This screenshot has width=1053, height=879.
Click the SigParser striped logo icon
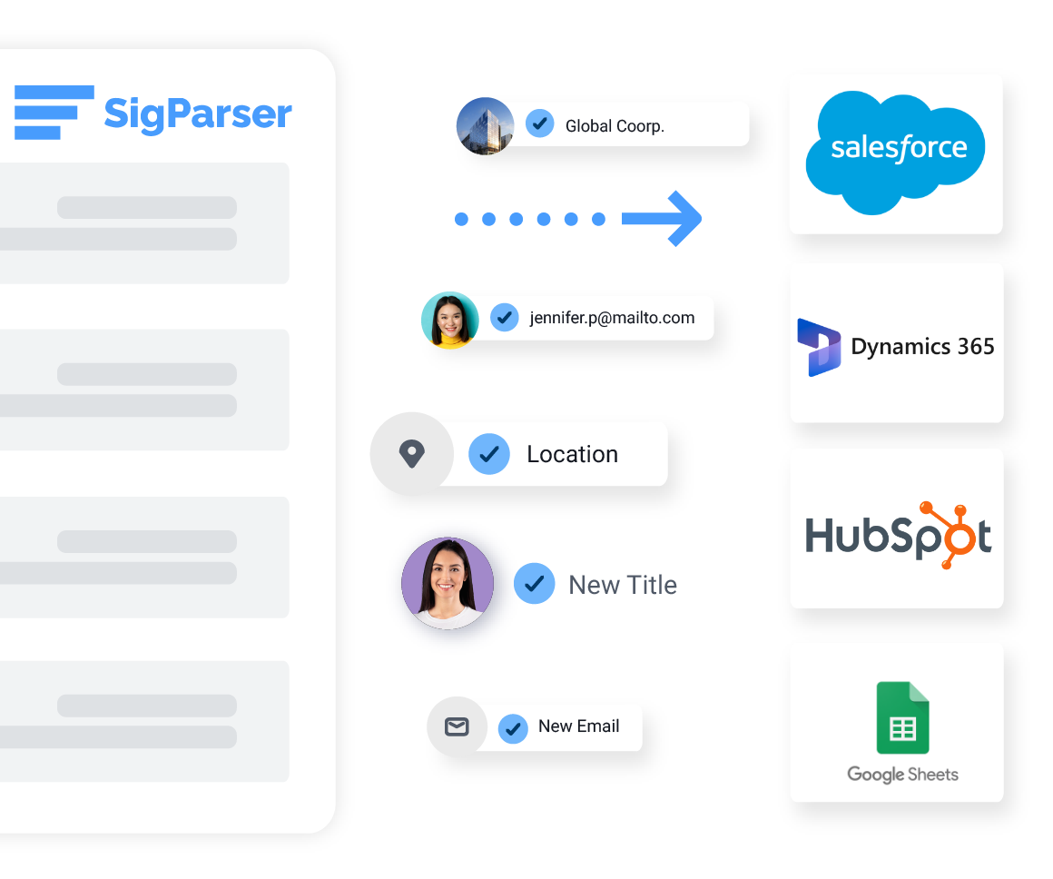pos(54,113)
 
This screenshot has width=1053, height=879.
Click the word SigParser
pos(198,114)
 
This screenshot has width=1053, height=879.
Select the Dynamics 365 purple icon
pos(818,347)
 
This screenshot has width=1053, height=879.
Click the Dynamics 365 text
pos(922,347)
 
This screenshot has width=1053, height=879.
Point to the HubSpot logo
pos(897,535)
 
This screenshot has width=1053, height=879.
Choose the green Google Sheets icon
pos(902,717)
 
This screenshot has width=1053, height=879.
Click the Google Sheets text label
pos(902,775)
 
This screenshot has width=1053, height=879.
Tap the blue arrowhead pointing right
pos(683,219)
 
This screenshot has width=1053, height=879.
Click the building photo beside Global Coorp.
pos(486,125)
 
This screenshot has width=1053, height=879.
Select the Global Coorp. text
pos(615,126)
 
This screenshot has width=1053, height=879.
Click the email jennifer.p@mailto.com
pos(612,318)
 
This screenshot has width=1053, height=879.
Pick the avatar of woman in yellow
pos(450,320)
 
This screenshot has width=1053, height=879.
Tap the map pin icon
pos(411,454)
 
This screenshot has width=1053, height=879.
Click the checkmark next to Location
pos(489,454)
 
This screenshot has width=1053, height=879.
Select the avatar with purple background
pos(447,584)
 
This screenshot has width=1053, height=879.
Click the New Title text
pos(623,585)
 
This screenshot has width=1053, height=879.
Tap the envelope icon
pos(457,727)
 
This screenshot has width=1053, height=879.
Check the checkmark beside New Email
pos(513,727)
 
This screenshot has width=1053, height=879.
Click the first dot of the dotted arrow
pos(461,219)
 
